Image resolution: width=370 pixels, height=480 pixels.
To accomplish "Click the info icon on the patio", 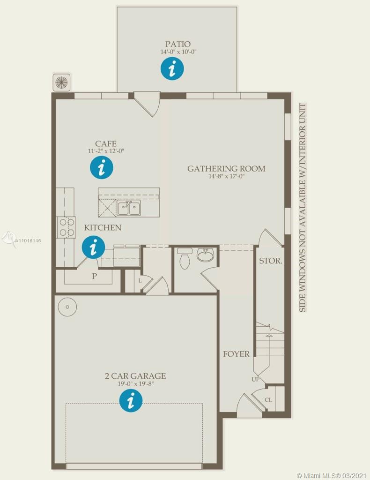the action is click(x=172, y=68).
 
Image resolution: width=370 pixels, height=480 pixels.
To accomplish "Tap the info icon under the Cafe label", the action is click(x=102, y=167).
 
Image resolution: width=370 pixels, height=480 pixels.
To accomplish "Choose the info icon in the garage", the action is click(x=131, y=400).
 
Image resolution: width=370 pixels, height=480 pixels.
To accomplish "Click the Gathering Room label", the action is click(x=226, y=168).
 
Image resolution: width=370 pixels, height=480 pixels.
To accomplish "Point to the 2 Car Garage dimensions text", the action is click(x=135, y=384).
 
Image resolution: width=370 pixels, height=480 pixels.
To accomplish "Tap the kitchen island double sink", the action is click(x=129, y=208).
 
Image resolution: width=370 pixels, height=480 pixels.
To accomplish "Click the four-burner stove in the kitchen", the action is click(x=66, y=227).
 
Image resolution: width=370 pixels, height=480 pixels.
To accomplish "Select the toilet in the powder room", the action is click(x=184, y=258).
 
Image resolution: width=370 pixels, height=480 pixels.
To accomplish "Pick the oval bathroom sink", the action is click(x=206, y=255).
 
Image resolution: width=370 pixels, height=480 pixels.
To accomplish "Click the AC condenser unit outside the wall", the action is click(x=62, y=82).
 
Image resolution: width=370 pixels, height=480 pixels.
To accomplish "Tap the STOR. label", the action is click(x=271, y=261).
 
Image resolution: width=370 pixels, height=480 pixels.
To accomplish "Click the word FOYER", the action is click(x=236, y=354).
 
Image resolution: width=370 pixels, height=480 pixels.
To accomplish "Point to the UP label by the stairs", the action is click(x=255, y=379).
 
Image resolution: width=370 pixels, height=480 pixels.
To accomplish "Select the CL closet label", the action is click(x=268, y=400).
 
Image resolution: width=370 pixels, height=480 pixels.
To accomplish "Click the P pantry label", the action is click(x=95, y=276).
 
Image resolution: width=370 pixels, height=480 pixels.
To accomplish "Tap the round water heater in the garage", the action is click(x=67, y=307).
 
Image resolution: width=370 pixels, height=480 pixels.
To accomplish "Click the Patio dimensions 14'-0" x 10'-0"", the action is click(x=178, y=52).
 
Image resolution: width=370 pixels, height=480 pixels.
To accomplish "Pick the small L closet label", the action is click(x=140, y=280).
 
